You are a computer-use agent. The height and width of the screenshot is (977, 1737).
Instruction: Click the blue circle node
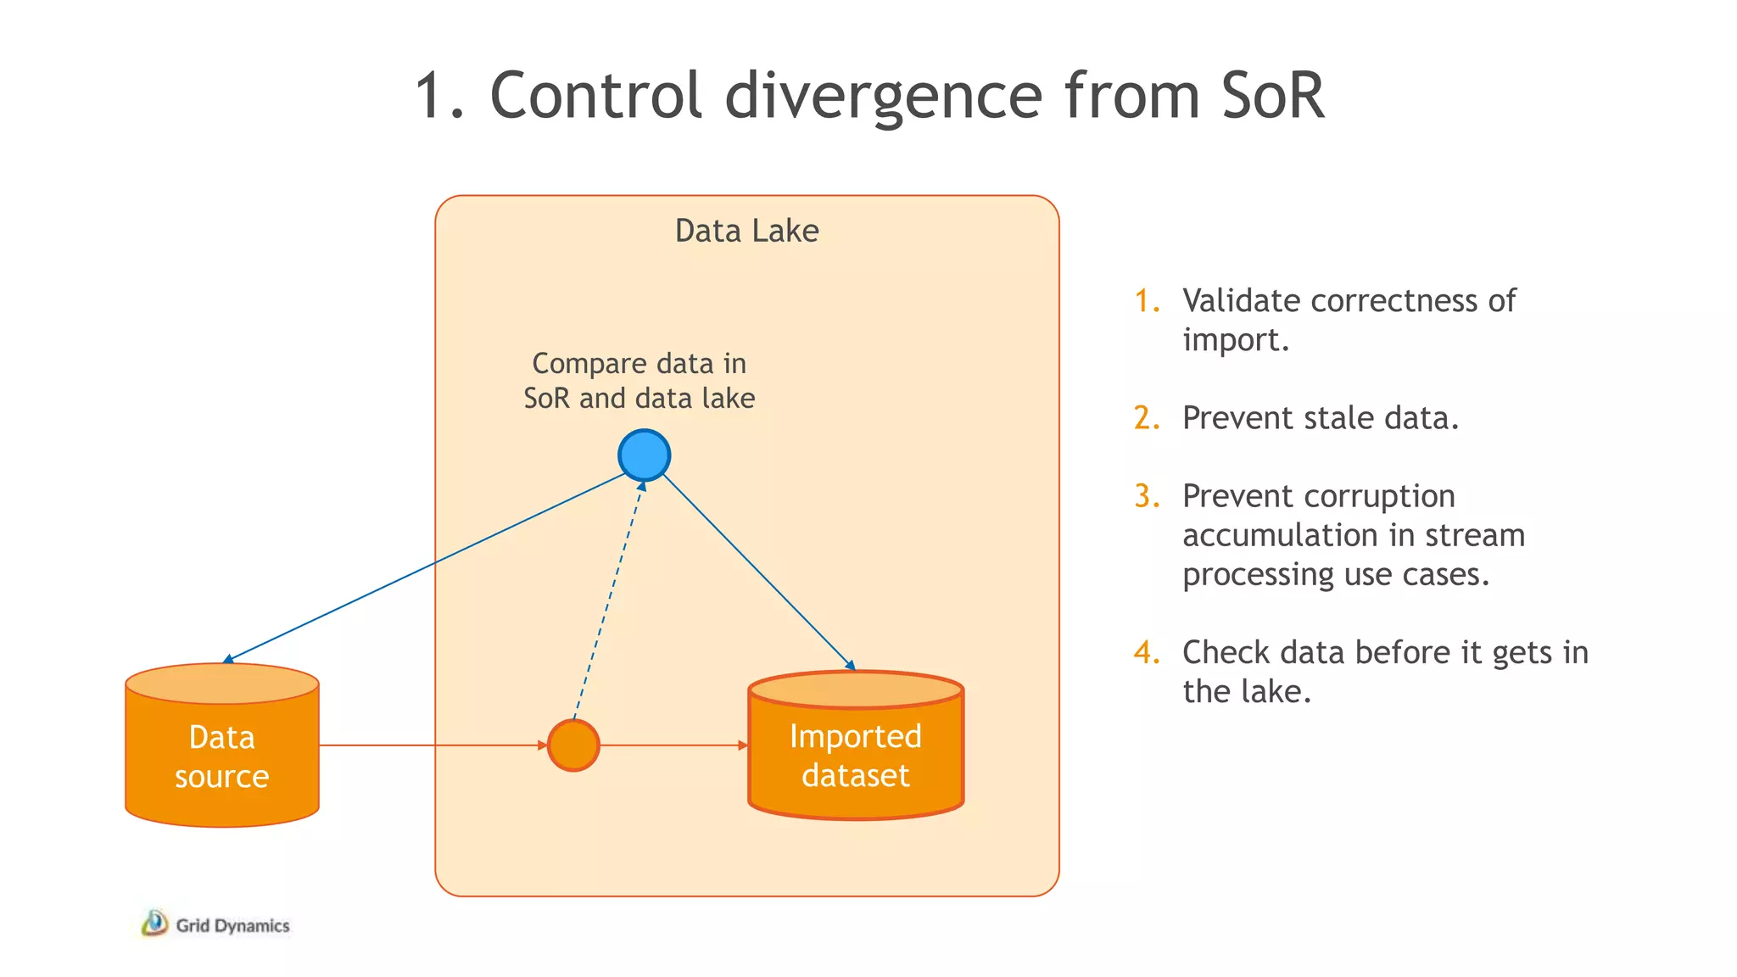point(645,455)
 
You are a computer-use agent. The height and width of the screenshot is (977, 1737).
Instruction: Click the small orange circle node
point(573,745)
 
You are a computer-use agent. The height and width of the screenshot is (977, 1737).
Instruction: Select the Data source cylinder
point(222,746)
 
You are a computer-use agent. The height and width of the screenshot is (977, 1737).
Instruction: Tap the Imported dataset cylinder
point(856,746)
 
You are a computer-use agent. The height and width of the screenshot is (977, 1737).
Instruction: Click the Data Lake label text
point(746,231)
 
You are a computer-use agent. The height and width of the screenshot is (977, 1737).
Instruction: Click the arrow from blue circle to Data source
point(424,567)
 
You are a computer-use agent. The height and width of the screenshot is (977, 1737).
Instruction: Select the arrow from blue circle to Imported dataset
point(758,571)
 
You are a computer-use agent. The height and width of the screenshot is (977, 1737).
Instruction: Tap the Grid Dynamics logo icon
point(154,923)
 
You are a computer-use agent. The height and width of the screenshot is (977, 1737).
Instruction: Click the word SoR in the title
point(1272,95)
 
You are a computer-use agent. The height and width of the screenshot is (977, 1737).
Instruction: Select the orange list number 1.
point(1147,300)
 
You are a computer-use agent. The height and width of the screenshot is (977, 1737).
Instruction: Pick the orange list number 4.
point(1147,652)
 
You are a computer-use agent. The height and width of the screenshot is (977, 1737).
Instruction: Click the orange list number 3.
point(1147,496)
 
